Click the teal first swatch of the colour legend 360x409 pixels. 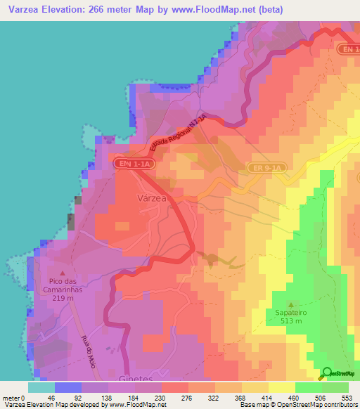[x=41, y=387]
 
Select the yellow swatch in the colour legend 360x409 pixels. [x=281, y=387]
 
